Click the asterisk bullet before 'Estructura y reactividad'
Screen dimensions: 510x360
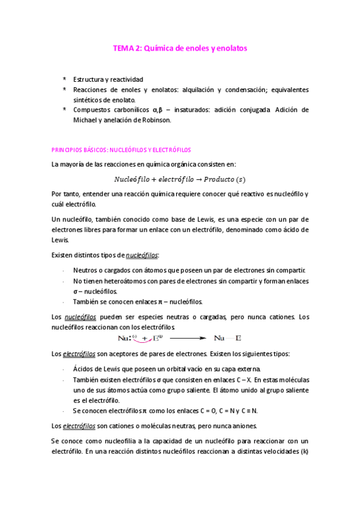click(x=64, y=79)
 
